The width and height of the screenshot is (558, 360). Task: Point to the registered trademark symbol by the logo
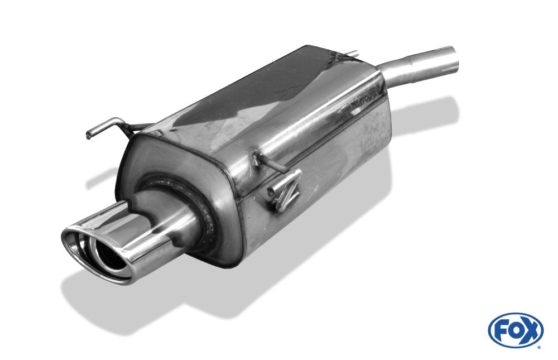coord(538,347)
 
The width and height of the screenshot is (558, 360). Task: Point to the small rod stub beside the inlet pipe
coord(352,54)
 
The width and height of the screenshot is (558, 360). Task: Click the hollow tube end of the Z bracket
coord(271,193)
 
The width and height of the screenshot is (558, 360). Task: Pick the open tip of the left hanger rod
coord(89,135)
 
